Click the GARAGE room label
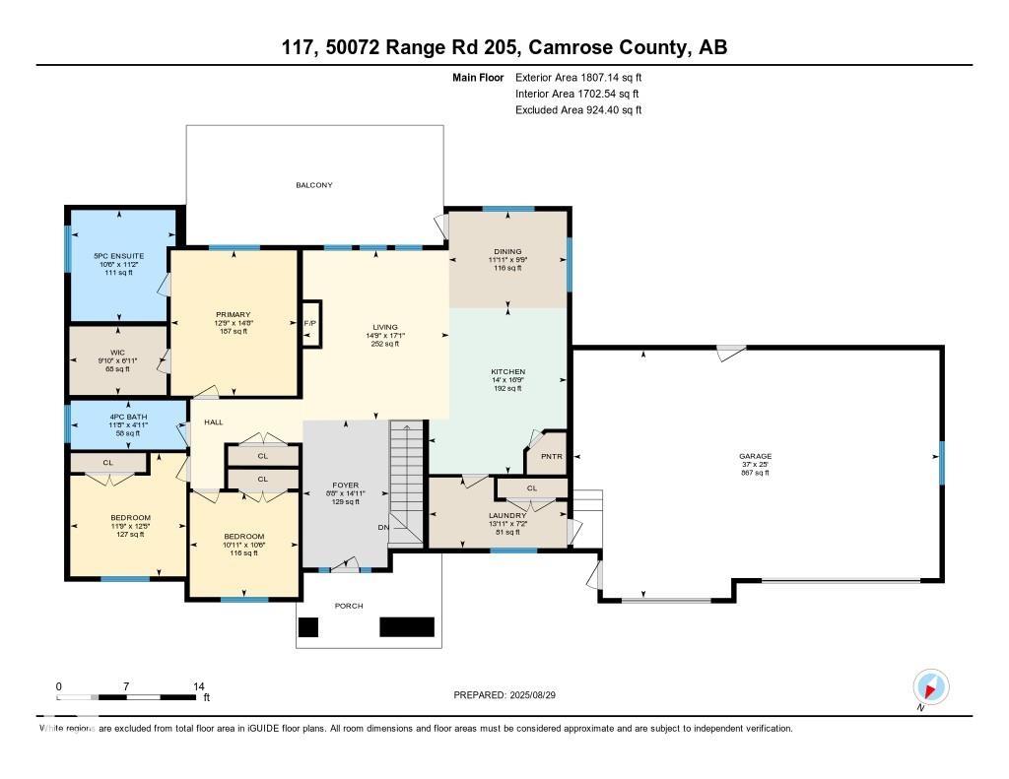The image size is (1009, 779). (x=756, y=456)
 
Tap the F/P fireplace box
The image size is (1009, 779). (x=310, y=323)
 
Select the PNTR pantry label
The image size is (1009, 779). (x=545, y=456)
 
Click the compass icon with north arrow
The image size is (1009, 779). (x=930, y=686)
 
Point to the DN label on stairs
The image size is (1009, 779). (x=383, y=528)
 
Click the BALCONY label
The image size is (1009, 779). (x=314, y=185)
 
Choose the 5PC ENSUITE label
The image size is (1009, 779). (x=119, y=256)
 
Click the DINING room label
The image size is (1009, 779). (x=507, y=251)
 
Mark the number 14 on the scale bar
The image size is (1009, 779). (x=198, y=686)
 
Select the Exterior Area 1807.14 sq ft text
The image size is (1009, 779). (x=578, y=77)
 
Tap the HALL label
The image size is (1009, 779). (x=214, y=422)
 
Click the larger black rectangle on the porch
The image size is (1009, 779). (x=407, y=627)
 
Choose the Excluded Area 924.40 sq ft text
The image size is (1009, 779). (x=578, y=110)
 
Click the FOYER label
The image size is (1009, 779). (x=344, y=486)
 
